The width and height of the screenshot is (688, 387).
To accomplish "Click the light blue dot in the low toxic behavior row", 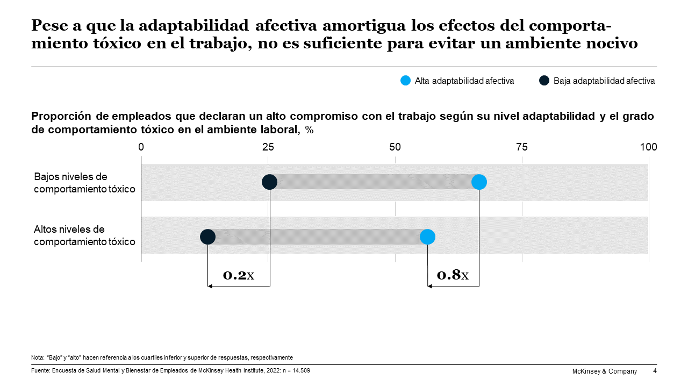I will [479, 182].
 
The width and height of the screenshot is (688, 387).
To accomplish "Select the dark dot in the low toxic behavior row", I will [269, 182].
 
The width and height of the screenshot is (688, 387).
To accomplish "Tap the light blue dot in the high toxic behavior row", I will [427, 236].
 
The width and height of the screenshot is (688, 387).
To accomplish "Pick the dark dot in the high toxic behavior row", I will [207, 236].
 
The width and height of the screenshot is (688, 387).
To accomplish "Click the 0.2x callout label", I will [238, 275].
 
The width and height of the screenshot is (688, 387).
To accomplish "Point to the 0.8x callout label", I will [453, 275].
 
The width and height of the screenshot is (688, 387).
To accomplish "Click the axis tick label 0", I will [141, 147].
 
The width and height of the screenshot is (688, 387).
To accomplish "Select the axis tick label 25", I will [268, 147].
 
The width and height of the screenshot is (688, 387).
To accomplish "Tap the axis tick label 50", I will [395, 147].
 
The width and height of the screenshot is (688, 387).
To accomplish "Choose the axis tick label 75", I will [522, 147].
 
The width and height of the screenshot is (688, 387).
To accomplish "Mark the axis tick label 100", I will [649, 147].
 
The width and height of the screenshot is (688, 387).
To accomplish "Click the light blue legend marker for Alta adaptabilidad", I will [406, 81].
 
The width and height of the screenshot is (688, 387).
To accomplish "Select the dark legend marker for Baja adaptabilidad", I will [544, 81].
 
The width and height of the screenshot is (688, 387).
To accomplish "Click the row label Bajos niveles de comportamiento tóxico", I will [84, 183].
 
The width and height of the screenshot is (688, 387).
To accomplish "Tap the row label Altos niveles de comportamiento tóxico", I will [84, 236].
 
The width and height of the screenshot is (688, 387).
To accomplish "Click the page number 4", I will [655, 371].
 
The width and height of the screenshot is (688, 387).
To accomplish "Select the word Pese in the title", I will [48, 25].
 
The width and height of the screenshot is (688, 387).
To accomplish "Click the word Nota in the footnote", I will [38, 357].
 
